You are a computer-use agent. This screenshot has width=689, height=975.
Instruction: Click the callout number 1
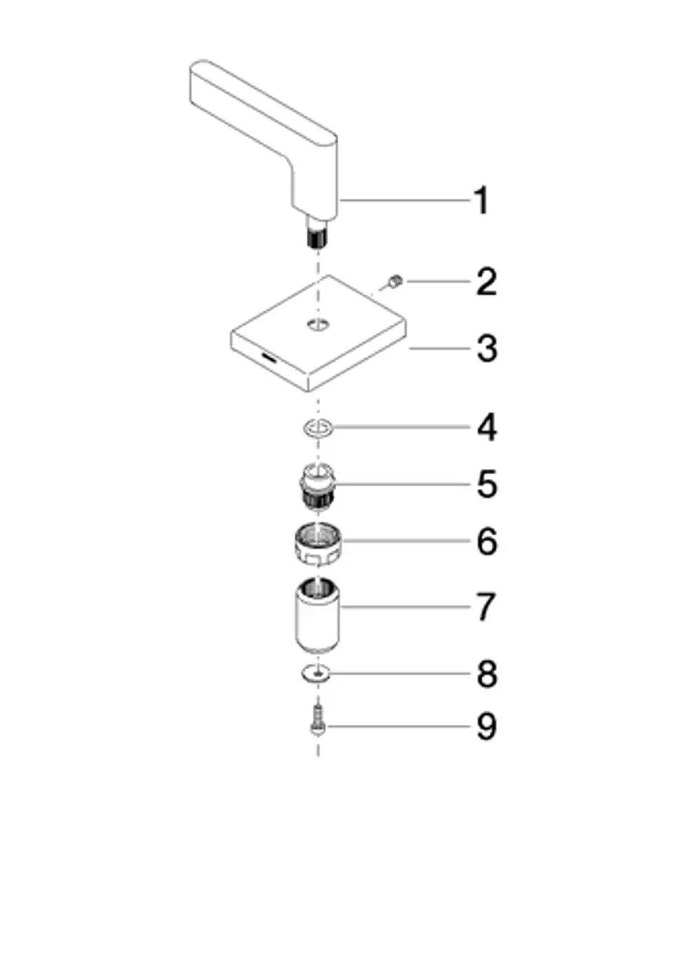click(x=482, y=200)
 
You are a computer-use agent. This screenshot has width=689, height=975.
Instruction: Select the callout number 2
click(x=486, y=282)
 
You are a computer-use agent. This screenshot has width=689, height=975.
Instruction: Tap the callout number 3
click(x=487, y=348)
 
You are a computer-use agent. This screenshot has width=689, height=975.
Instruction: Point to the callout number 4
click(x=487, y=428)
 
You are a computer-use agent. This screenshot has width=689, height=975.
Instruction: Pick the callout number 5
click(x=487, y=484)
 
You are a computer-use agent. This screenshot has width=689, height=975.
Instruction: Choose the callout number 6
click(x=487, y=541)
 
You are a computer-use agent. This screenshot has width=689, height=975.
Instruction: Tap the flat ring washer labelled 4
click(x=318, y=428)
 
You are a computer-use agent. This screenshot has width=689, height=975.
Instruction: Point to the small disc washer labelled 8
click(x=316, y=675)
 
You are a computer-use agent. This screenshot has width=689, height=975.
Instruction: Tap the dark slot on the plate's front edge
click(x=268, y=358)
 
